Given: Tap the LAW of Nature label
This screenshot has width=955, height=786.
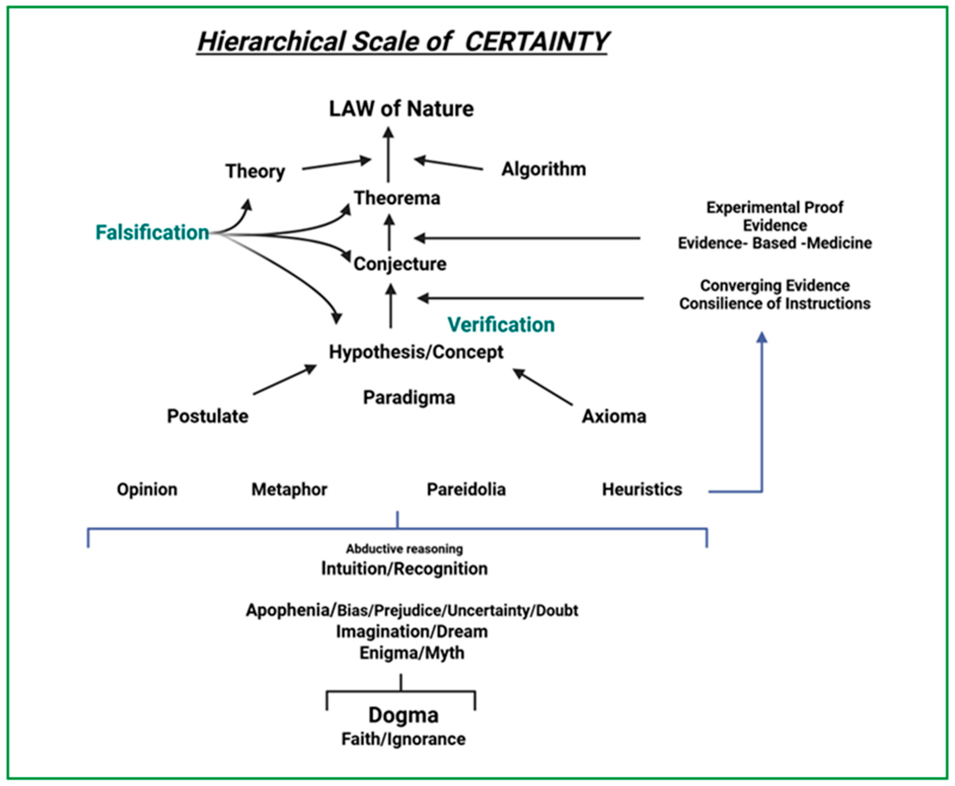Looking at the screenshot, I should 401,109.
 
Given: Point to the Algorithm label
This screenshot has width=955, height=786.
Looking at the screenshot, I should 544,169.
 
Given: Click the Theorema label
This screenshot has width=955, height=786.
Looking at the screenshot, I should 397,198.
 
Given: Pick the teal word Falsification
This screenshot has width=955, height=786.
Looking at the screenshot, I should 152,232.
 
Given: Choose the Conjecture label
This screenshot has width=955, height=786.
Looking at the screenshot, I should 400,263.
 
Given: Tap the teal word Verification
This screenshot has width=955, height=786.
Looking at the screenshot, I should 501,325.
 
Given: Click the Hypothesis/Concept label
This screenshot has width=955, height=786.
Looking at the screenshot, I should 416,352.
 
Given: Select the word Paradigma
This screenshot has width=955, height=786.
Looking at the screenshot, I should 409,398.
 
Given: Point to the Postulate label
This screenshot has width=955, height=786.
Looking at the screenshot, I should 208,416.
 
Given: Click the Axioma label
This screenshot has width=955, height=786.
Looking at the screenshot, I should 614,416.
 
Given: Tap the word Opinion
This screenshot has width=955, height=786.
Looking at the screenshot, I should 147,489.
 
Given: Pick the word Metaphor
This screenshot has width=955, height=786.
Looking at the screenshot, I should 289,489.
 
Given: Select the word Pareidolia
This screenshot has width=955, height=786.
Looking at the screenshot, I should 466,489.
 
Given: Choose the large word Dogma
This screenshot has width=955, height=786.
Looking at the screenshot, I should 403,715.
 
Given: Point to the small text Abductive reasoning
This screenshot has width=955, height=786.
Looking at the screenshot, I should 404,549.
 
